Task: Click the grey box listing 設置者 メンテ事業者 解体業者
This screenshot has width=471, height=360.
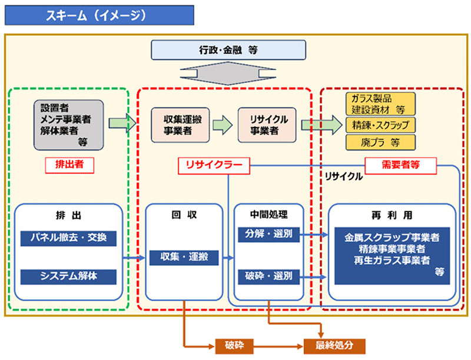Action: tap(68, 124)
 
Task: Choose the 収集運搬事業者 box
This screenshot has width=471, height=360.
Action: tap(179, 125)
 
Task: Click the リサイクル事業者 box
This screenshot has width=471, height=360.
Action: tap(266, 125)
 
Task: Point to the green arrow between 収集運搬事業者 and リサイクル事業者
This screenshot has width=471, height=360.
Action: tap(223, 125)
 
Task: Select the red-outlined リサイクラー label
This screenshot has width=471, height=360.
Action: tap(214, 166)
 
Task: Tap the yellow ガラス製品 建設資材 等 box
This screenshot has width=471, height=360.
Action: tap(380, 105)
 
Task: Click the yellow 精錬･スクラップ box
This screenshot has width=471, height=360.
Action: tap(380, 124)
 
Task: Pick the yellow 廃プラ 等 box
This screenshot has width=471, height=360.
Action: tap(380, 142)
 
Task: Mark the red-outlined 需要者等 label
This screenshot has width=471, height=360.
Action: tap(400, 165)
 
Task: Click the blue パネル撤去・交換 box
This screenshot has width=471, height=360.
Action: tap(68, 238)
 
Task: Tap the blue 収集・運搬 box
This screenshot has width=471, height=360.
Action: tap(184, 257)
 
